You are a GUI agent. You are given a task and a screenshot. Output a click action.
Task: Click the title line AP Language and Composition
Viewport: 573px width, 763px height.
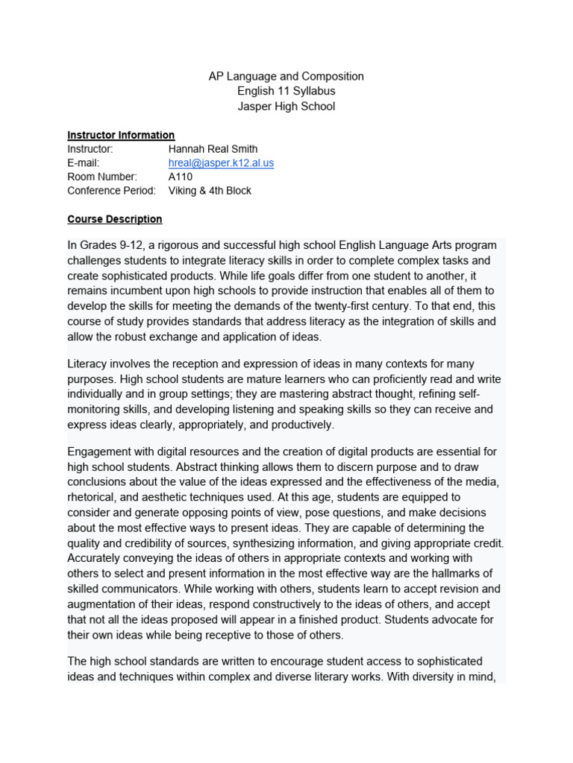(286, 76)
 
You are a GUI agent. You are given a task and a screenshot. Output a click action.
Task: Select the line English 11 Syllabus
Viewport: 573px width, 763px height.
(286, 91)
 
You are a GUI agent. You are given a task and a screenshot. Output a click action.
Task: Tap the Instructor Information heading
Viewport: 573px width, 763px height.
(121, 135)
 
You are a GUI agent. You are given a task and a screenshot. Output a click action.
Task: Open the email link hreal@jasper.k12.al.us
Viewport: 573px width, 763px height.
(221, 163)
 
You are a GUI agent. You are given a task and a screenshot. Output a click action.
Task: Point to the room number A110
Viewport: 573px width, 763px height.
(181, 177)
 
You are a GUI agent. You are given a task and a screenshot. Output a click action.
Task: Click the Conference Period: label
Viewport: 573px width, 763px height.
(111, 191)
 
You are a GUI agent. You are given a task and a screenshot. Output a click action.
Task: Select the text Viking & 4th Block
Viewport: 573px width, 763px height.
(210, 191)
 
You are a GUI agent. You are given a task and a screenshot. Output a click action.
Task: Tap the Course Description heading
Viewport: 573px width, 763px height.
(114, 219)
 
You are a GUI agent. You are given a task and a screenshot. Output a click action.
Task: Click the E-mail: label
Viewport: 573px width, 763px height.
(83, 163)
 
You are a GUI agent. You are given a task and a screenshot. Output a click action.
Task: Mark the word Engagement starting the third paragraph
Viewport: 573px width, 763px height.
(101, 452)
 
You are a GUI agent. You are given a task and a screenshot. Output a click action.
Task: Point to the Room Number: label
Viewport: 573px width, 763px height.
(102, 177)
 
